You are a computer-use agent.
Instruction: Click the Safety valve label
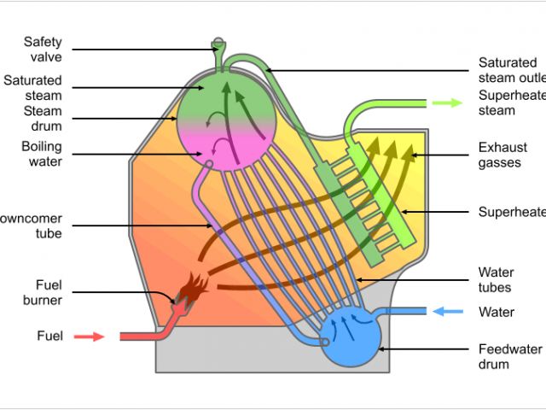coord(43,49)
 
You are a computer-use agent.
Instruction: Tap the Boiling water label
coord(42,154)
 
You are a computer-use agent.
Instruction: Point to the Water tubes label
coord(496,280)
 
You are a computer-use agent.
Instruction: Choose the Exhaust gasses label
coord(502,155)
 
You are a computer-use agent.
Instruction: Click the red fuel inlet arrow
coord(89,337)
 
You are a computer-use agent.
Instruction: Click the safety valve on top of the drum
coord(218,44)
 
